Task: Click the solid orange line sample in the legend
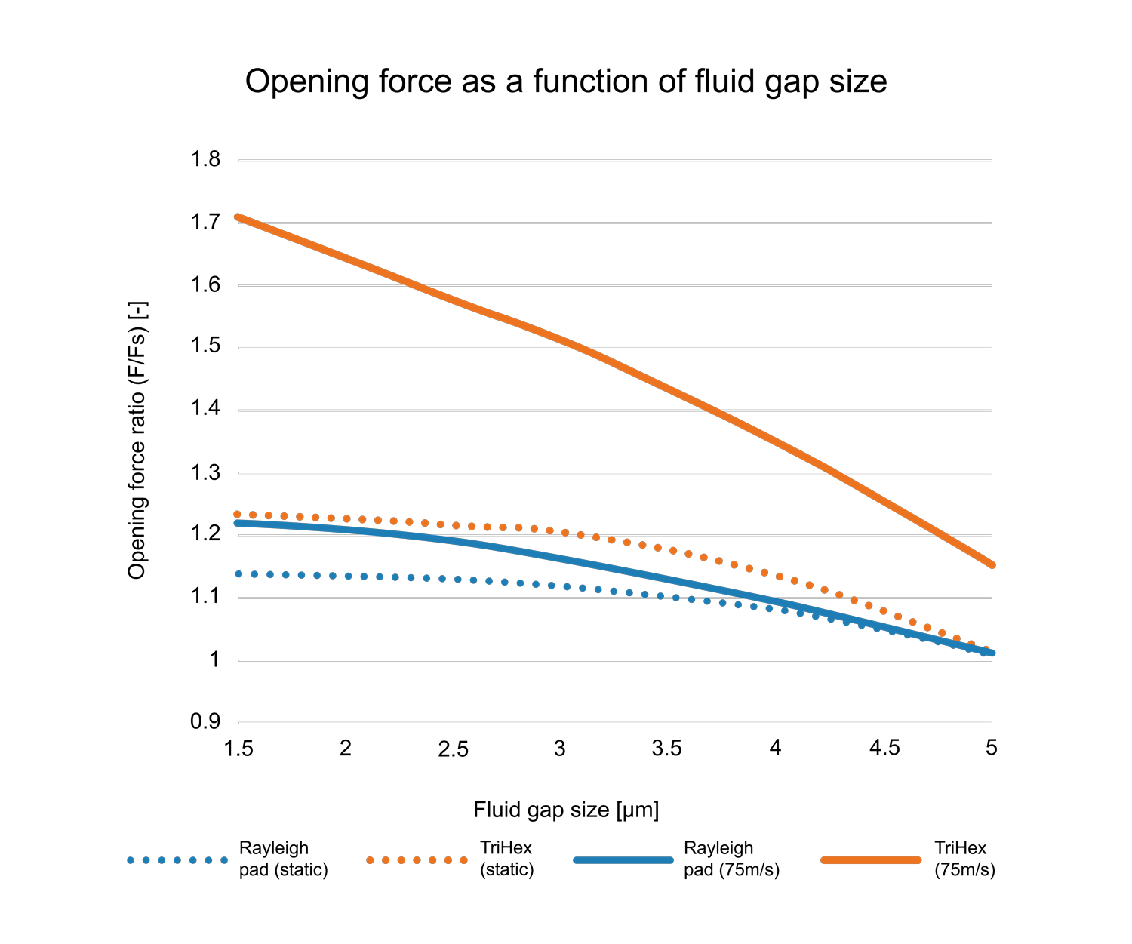pyautogui.click(x=871, y=860)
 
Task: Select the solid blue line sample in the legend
pyautogui.click(x=623, y=860)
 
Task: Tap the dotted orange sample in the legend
pyautogui.click(x=417, y=860)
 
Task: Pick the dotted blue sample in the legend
pyautogui.click(x=177, y=860)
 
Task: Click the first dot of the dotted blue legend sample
pyautogui.click(x=131, y=860)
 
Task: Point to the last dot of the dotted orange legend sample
pyautogui.click(x=463, y=860)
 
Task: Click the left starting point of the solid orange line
pyautogui.click(x=238, y=217)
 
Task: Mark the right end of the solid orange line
pyautogui.click(x=992, y=564)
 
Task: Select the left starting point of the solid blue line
pyautogui.click(x=238, y=522)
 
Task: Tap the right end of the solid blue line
pyautogui.click(x=992, y=653)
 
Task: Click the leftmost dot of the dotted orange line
pyautogui.click(x=237, y=515)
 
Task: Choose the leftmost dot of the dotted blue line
pyautogui.click(x=238, y=574)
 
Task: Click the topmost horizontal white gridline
pyautogui.click(x=615, y=161)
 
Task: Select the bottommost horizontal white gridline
pyautogui.click(x=615, y=723)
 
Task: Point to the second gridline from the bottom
pyautogui.click(x=615, y=660)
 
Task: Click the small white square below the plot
pyautogui.click(x=304, y=779)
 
